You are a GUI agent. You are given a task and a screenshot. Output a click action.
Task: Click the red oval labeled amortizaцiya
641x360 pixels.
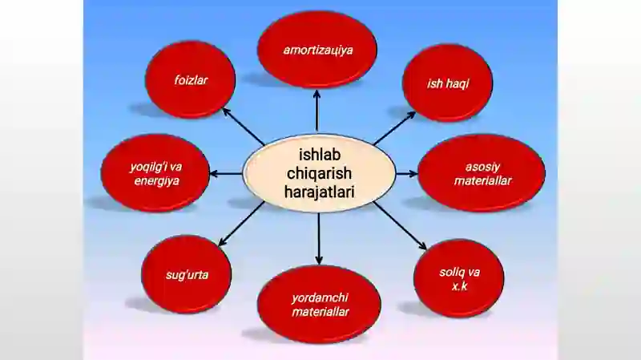(317, 50)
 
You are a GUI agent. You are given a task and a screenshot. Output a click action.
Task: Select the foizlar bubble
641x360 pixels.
(191, 79)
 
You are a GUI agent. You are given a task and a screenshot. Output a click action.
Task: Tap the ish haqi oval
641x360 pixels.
(448, 83)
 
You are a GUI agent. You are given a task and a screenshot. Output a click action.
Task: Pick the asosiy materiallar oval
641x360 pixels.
(482, 173)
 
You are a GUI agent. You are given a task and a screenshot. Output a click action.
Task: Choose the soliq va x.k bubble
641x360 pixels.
(458, 278)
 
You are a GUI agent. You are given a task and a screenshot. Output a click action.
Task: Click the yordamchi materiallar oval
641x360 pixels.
(319, 305)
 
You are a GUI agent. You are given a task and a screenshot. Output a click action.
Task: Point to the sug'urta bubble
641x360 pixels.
(187, 274)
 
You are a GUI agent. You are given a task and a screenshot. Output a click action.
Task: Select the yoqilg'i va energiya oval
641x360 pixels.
(155, 173)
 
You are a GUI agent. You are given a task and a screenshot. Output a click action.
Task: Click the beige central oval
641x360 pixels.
(319, 173)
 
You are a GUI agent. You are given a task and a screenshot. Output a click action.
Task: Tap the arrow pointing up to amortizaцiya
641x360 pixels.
(316, 111)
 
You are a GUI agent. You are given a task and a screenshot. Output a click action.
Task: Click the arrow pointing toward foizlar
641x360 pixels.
(244, 127)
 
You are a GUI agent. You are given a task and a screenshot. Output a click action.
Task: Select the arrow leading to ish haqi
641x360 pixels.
(394, 128)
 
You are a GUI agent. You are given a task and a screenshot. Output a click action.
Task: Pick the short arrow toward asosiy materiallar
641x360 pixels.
(407, 174)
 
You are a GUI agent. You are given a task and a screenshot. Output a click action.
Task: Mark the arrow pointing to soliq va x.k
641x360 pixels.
(400, 226)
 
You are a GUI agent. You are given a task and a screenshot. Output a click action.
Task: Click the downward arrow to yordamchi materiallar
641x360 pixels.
(319, 238)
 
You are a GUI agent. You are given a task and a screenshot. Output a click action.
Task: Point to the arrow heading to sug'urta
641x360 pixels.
(242, 224)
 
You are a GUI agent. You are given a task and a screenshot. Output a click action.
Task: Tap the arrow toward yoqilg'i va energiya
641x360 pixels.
(226, 174)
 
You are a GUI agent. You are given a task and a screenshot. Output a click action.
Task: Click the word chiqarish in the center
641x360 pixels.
(319, 173)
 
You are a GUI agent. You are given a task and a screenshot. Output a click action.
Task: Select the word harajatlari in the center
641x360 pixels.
(319, 192)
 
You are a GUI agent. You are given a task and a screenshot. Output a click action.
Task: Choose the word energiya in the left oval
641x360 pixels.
(156, 181)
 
